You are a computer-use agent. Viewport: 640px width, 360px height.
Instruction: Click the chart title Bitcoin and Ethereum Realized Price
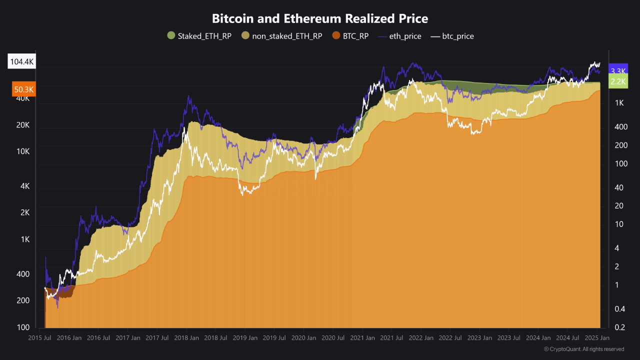click(320, 18)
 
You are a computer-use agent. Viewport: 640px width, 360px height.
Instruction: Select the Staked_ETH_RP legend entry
click(199, 36)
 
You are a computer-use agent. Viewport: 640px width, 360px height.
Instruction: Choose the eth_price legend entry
click(399, 36)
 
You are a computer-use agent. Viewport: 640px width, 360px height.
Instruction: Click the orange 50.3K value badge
click(23, 89)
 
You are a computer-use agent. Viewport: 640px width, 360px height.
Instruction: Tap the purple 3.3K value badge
click(618, 71)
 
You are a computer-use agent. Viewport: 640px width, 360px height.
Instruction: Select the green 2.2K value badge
click(618, 81)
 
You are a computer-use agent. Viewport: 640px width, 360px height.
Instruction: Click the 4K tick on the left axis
click(25, 186)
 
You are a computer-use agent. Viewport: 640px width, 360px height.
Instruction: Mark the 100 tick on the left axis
click(23, 327)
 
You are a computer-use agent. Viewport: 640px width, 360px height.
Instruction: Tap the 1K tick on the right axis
click(619, 103)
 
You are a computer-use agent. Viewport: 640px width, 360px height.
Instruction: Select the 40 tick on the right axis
click(618, 187)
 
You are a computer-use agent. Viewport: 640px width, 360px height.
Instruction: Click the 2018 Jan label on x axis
click(186, 338)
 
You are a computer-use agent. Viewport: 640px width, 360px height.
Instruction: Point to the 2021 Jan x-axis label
click(362, 338)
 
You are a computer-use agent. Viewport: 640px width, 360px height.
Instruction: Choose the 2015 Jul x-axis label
click(40, 338)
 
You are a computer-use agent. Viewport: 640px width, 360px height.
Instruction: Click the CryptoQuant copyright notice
click(583, 349)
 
